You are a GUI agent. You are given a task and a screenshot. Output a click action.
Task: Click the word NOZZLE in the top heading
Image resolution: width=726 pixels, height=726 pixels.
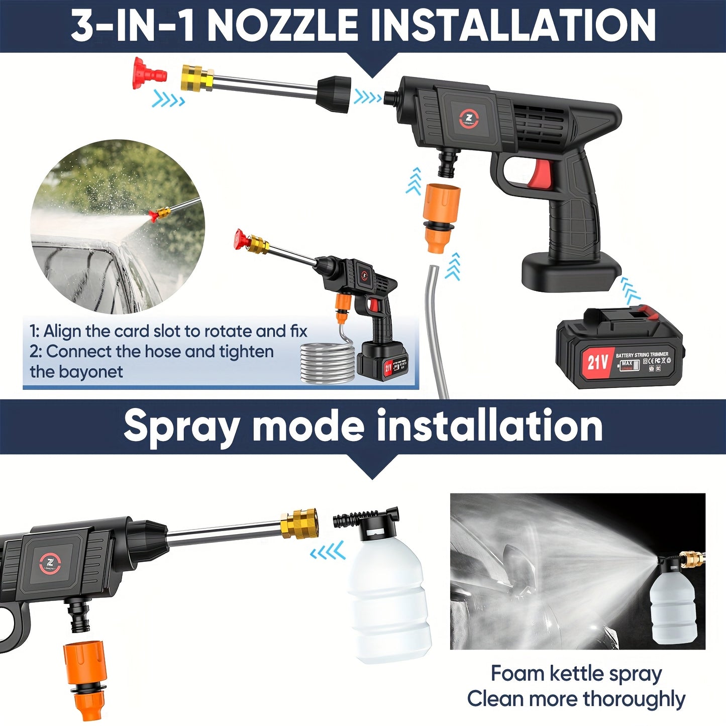(x=282, y=26)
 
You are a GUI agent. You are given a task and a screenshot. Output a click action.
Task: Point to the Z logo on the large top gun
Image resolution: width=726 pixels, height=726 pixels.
(x=468, y=119)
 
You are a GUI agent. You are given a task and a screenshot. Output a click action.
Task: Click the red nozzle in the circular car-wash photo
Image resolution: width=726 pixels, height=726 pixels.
(x=153, y=217)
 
